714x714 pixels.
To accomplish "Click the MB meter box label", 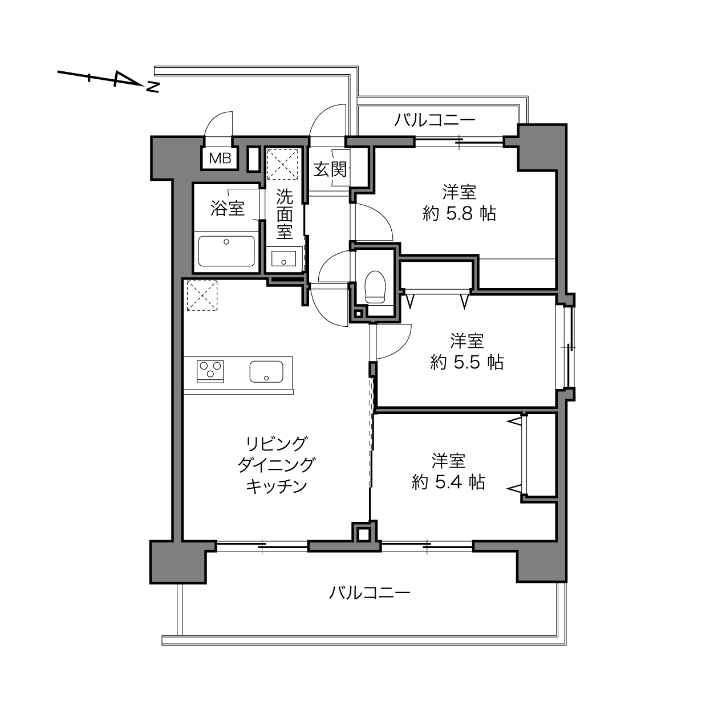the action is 220,159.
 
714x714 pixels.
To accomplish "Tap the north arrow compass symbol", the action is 108,80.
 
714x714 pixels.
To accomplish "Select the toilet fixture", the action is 375,287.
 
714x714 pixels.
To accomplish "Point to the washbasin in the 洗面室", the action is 283,258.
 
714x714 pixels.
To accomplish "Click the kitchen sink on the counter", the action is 266,371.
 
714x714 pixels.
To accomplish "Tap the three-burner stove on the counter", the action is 210,371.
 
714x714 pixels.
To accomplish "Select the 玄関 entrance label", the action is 331,170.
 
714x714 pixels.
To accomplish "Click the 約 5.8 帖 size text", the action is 460,214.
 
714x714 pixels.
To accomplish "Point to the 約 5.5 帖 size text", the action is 467,362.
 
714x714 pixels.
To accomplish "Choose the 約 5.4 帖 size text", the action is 448,482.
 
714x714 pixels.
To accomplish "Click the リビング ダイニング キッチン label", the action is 277,465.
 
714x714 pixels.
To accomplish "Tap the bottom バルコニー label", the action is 370,593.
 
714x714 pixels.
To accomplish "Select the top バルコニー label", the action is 434,120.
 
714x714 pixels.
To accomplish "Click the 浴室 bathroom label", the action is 228,208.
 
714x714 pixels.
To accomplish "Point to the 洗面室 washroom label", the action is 285,214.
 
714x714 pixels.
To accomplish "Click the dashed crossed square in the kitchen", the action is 202,295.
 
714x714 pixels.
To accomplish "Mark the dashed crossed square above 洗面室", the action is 283,164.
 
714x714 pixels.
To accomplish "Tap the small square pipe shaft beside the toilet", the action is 358,314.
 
